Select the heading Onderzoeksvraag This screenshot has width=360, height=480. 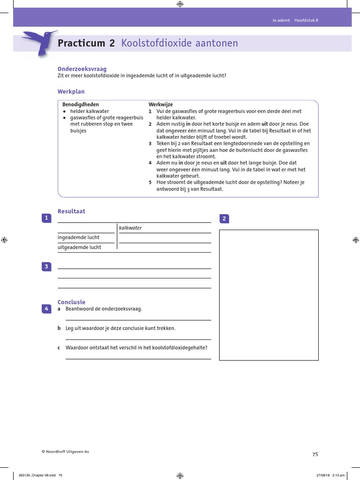click(75, 68)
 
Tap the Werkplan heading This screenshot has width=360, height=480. click(71, 92)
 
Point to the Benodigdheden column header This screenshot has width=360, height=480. click(81, 104)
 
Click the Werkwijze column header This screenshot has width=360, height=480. click(161, 104)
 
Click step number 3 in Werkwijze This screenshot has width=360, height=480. click(150, 143)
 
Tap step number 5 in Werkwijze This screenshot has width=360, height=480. click(150, 182)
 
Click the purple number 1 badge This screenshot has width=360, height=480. click(47, 217)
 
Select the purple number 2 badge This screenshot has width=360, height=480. click(224, 218)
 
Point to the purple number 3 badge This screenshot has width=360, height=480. click(47, 267)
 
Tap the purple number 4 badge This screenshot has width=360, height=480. click(47, 308)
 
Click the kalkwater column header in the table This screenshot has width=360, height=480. click(130, 228)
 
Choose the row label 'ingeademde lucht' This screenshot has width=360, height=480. click(78, 238)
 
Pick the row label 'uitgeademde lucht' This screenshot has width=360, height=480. click(79, 247)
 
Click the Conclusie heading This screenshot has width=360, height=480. click(71, 302)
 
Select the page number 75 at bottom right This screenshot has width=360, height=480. click(315, 454)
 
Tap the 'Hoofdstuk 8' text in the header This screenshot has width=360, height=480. click(306, 20)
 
